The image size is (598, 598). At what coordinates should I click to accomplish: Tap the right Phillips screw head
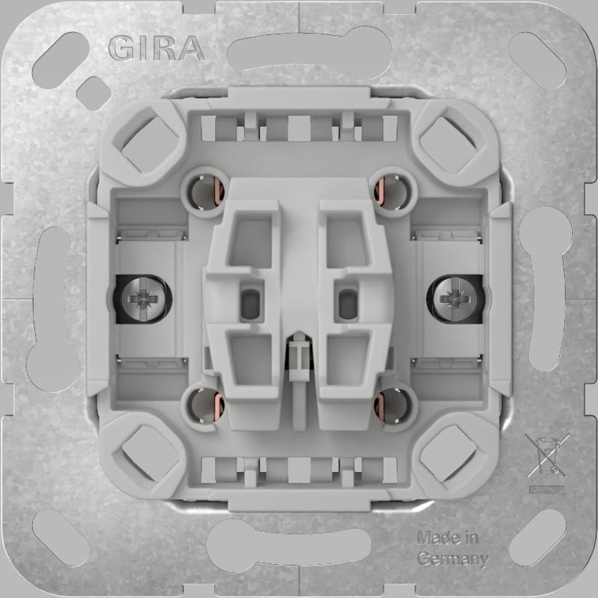456,299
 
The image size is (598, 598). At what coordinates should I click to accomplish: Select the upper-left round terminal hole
205,192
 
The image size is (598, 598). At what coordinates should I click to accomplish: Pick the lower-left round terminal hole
205,405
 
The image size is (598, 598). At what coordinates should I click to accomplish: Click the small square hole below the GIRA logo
93,93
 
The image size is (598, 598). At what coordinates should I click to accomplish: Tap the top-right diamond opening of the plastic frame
448,143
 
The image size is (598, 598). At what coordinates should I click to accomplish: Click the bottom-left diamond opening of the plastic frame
149,453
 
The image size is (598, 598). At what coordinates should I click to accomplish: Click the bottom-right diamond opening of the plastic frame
448,453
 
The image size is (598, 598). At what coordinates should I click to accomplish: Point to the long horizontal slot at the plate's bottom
289,546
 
